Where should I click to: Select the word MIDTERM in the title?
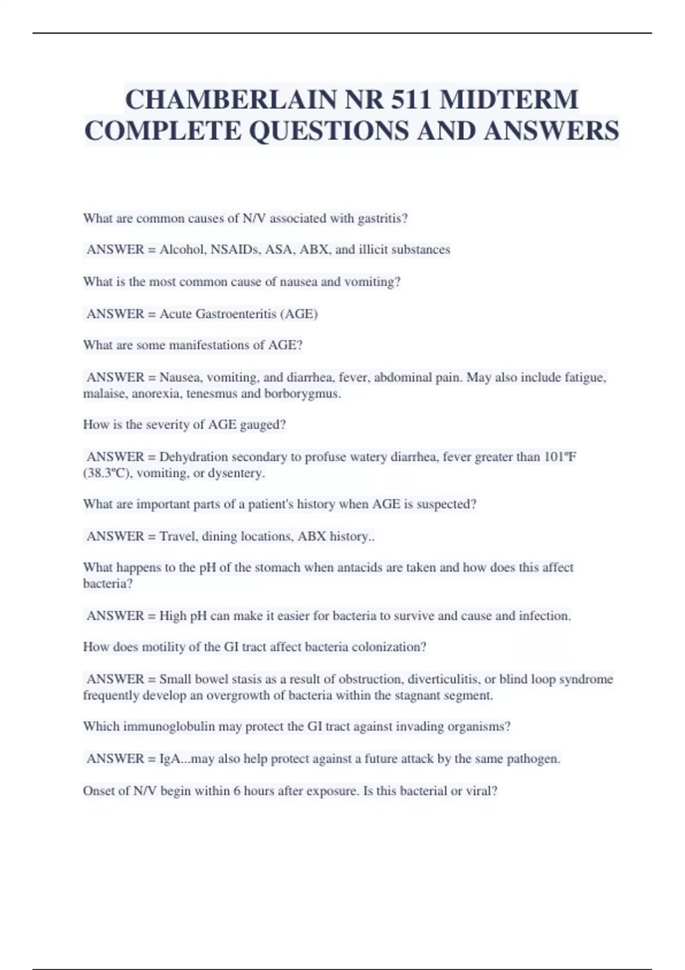(x=509, y=100)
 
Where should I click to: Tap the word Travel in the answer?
(x=178, y=536)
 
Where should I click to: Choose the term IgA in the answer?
(x=170, y=759)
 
